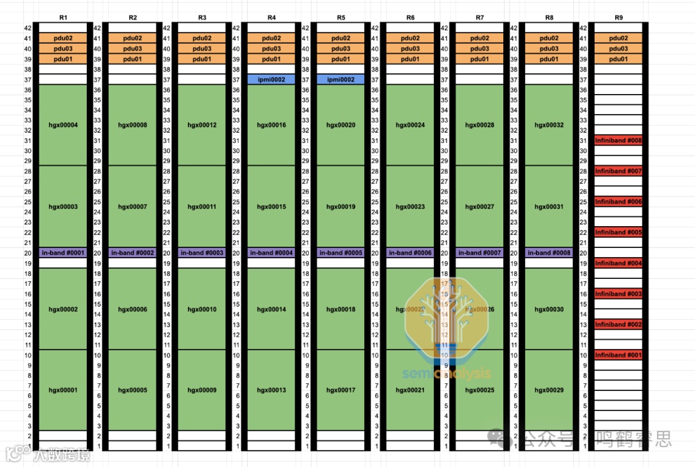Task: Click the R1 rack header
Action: click(63, 17)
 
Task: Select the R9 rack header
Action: click(618, 17)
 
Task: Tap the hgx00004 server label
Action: click(63, 125)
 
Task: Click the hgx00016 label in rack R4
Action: click(272, 125)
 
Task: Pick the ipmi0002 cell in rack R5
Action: click(341, 79)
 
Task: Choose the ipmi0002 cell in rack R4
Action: click(272, 79)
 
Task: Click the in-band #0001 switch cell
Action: click(63, 253)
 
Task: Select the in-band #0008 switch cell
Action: click(549, 253)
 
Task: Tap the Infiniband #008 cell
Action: click(618, 140)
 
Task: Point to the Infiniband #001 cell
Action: click(618, 355)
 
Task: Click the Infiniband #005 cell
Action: click(618, 232)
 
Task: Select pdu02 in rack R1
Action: click(63, 38)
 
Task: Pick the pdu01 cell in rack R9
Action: click(618, 59)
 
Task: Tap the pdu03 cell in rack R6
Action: click(411, 48)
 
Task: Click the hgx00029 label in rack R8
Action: click(549, 390)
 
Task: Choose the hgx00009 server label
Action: click(202, 390)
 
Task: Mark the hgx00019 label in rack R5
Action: click(341, 207)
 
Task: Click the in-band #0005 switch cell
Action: click(341, 253)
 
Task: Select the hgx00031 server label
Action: click(549, 207)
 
